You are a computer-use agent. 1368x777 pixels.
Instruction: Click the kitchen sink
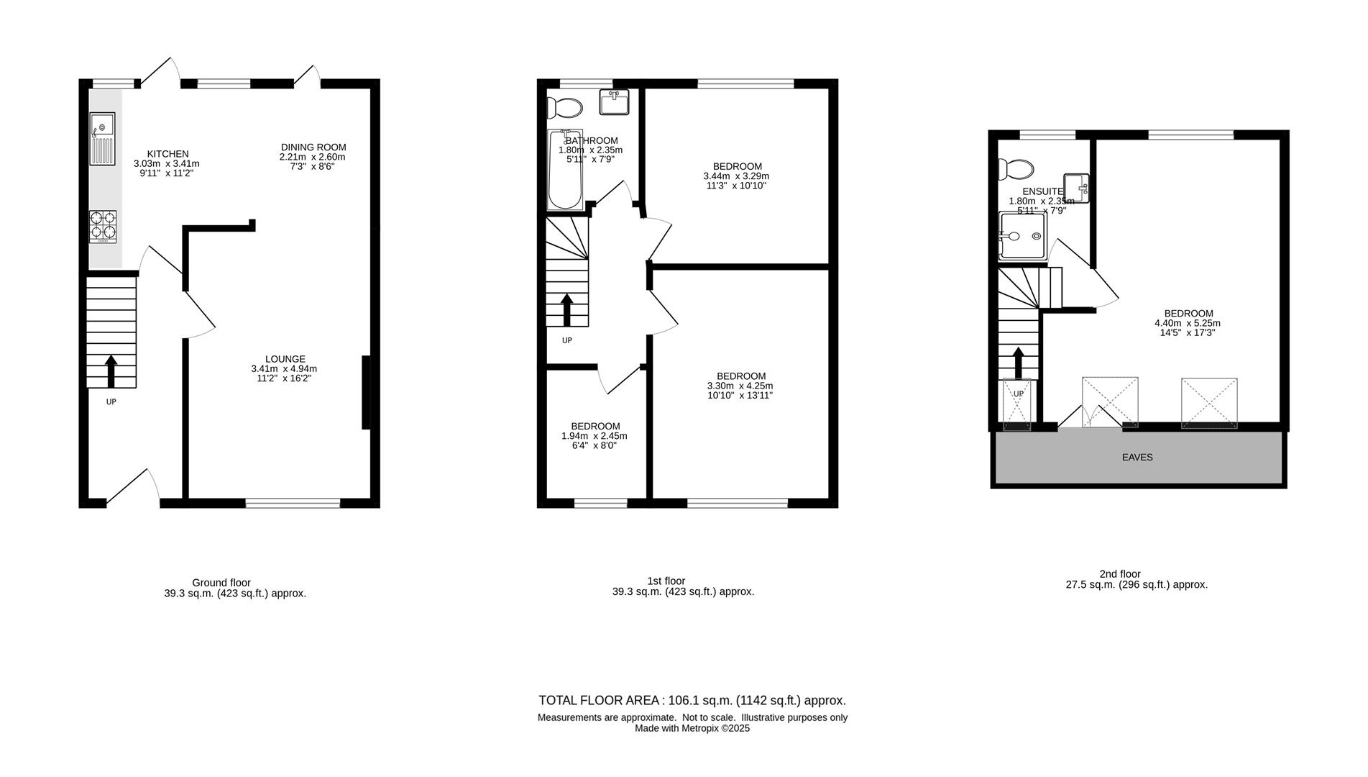pyautogui.click(x=102, y=139)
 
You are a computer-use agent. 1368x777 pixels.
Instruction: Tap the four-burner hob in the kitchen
pyautogui.click(x=103, y=226)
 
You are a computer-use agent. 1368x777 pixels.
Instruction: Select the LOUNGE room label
pyautogui.click(x=285, y=359)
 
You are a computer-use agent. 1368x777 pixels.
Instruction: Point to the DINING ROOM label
pyautogui.click(x=313, y=147)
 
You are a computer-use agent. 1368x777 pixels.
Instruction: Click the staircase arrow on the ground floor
pyautogui.click(x=111, y=371)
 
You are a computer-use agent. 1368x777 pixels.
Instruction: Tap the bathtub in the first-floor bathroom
pyautogui.click(x=565, y=170)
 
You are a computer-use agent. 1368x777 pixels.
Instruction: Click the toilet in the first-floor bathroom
pyautogui.click(x=564, y=108)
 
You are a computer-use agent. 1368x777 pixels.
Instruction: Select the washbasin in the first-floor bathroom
pyautogui.click(x=614, y=101)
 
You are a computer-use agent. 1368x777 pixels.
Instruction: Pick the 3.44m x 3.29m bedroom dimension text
pyautogui.click(x=736, y=176)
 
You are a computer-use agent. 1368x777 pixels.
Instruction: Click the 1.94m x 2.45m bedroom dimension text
pyautogui.click(x=595, y=436)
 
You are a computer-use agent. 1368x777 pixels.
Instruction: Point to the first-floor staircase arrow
pyautogui.click(x=566, y=310)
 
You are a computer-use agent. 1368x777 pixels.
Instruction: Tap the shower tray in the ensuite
pyautogui.click(x=1022, y=235)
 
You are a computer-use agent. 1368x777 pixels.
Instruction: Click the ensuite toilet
pyautogui.click(x=1016, y=169)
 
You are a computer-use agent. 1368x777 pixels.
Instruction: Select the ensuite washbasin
pyautogui.click(x=1076, y=188)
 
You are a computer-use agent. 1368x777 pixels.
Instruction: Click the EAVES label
pyautogui.click(x=1137, y=457)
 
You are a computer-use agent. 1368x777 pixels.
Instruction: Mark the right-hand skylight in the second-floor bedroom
pyautogui.click(x=1209, y=403)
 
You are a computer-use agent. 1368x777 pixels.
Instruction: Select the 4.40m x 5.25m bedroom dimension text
pyautogui.click(x=1188, y=323)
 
